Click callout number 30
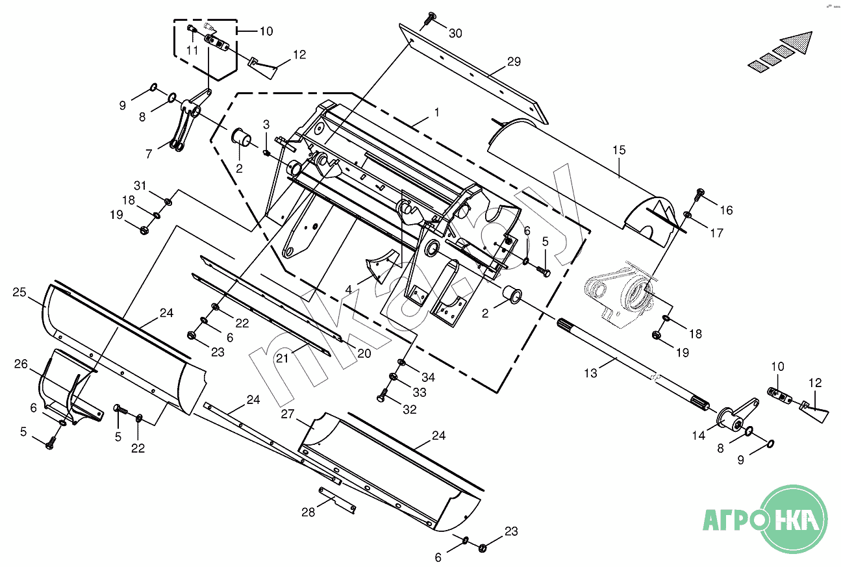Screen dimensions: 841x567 point(455,33)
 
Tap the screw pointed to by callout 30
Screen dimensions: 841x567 point(429,21)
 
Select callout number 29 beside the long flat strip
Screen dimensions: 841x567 point(514,62)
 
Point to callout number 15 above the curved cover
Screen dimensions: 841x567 point(619,150)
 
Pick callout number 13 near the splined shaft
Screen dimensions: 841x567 point(590,373)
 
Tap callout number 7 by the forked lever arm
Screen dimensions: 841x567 point(149,154)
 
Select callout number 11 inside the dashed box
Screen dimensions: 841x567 point(192,50)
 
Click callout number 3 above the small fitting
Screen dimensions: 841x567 point(266,124)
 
